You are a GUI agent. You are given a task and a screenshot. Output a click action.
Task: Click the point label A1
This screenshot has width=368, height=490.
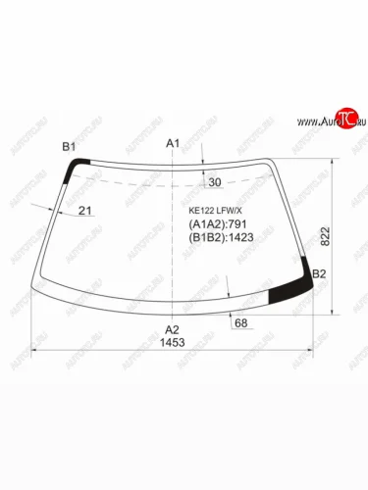click(173, 144)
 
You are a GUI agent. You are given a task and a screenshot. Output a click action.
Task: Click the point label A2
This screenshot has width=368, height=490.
click(173, 329)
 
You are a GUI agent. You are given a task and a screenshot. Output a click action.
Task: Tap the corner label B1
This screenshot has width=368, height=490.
click(69, 147)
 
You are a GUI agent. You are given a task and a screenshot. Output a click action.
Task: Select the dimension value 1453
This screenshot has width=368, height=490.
click(173, 343)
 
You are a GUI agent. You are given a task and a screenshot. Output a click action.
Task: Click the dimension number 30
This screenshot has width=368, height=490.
click(216, 182)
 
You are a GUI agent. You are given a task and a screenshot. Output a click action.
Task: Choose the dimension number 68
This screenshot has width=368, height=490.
click(240, 323)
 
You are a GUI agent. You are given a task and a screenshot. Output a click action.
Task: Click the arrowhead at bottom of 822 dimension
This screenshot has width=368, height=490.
click(341, 313)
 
